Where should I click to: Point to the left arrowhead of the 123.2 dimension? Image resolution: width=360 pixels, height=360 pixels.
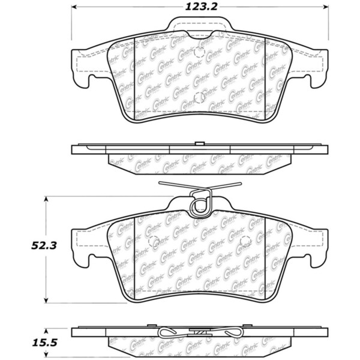[74, 8]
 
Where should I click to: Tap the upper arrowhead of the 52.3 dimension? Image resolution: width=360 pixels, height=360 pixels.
[47, 197]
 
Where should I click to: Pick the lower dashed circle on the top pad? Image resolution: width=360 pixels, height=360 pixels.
[199, 101]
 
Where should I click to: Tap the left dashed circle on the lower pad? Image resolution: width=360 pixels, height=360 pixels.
[153, 243]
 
